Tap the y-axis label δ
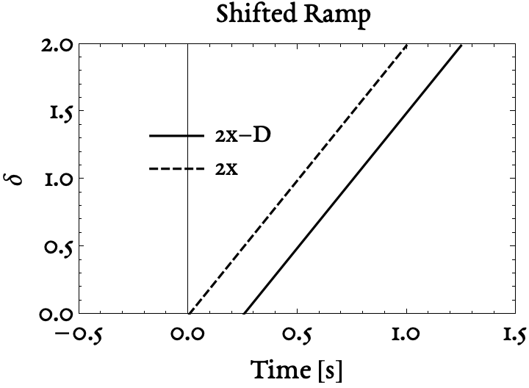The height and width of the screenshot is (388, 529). point(14,178)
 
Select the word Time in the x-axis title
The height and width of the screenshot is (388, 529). point(280,369)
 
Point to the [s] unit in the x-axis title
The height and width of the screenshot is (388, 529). point(331,370)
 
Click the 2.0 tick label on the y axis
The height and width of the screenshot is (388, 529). point(57,45)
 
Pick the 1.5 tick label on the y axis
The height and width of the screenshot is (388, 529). point(61,113)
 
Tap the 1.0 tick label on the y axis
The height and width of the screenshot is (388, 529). point(59,179)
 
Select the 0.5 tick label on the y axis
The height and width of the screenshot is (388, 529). point(59,248)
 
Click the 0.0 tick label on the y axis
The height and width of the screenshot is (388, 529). point(56,315)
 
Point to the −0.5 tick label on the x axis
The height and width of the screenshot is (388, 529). point(79,335)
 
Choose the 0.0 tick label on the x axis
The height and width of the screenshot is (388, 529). point(187,334)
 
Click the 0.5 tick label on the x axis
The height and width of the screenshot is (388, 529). point(297,335)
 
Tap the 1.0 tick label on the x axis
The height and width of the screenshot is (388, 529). point(406,334)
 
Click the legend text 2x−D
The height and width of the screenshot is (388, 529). point(243,136)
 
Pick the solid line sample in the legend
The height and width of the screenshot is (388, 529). point(177,136)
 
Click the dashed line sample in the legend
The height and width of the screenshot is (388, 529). point(177,168)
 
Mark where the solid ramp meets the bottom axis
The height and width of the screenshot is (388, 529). point(244,314)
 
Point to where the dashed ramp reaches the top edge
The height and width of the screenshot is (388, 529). point(406,44)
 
